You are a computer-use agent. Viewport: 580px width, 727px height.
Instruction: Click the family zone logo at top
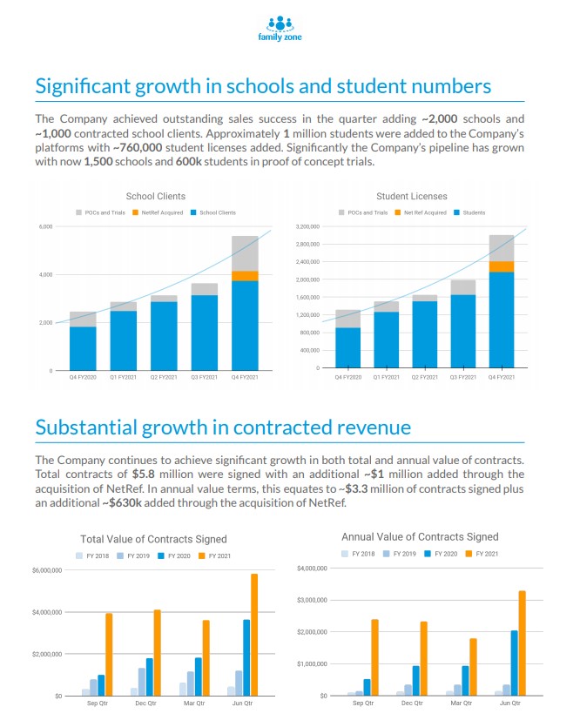pos(280,28)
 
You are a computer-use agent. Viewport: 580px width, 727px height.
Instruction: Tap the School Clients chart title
pos(156,197)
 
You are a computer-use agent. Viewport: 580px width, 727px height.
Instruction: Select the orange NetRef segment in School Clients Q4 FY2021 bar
pos(245,276)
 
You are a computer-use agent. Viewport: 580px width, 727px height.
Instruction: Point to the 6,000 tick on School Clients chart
pos(44,227)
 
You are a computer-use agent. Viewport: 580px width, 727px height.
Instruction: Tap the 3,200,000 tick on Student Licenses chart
pos(307,226)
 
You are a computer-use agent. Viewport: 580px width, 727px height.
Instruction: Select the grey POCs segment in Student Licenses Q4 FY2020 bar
pos(347,318)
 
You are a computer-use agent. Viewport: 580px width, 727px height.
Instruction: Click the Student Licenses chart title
pos(412,197)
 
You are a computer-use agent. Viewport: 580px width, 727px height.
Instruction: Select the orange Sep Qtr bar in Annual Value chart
pos(374,657)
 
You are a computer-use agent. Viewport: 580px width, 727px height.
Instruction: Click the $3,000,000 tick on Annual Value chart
pos(311,601)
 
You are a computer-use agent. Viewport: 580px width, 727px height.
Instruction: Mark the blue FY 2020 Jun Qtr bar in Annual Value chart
pos(514,663)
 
